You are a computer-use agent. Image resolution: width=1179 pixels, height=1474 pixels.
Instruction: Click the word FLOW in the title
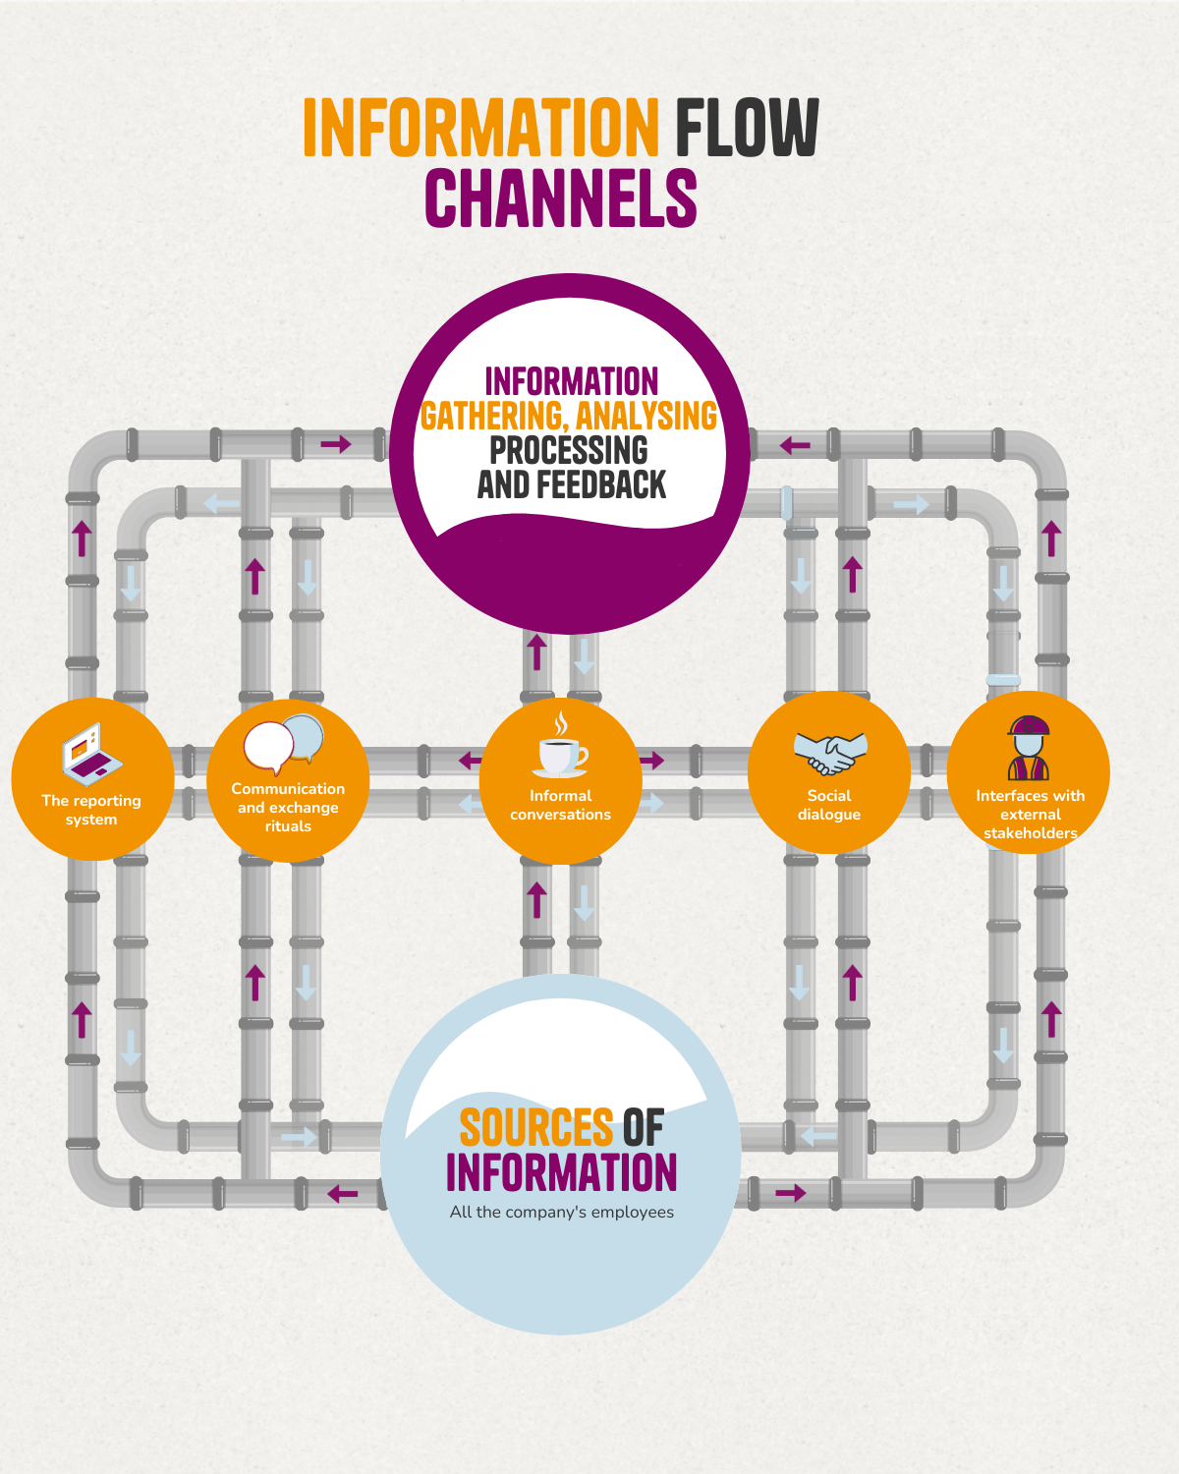(747, 128)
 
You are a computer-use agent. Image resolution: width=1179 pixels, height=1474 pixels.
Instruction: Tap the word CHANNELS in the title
(561, 198)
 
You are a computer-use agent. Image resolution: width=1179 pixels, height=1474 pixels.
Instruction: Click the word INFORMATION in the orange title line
(480, 128)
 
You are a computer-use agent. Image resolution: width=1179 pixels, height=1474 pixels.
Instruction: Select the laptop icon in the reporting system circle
(91, 755)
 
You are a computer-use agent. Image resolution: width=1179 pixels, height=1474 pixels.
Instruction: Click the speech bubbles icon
(284, 744)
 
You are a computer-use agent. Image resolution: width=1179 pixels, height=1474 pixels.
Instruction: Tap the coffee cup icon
(561, 749)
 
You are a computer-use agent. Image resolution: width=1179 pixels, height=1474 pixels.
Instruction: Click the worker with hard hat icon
(1029, 748)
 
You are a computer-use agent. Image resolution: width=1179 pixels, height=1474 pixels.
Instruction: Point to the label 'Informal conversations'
(560, 805)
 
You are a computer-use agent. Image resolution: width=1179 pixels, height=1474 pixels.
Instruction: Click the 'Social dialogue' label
(829, 805)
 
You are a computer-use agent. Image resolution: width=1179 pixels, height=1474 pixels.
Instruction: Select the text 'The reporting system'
(91, 810)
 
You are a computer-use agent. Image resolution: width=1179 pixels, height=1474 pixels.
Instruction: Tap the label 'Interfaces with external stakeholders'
(1030, 815)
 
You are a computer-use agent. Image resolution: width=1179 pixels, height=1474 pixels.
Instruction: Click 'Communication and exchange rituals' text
(288, 807)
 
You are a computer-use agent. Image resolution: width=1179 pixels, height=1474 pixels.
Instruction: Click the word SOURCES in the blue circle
(536, 1128)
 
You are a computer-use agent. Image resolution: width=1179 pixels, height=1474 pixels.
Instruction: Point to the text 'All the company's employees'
(562, 1212)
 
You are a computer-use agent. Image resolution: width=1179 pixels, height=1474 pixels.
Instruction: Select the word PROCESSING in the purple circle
(569, 450)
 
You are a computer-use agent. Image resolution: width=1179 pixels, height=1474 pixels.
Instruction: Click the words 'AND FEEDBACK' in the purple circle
(571, 484)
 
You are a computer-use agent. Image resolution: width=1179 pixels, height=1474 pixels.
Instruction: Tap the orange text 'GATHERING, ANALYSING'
(569, 416)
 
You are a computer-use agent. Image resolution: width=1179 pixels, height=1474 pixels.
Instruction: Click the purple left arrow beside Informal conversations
(471, 760)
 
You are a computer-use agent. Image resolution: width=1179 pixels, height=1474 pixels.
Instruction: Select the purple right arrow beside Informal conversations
(652, 760)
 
